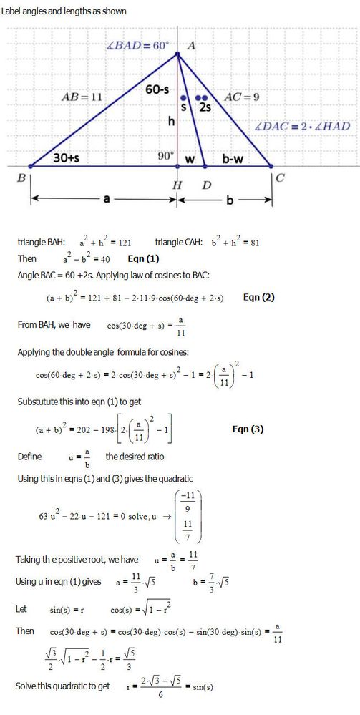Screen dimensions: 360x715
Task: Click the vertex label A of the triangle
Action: [191, 45]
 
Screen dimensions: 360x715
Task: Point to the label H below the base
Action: [177, 185]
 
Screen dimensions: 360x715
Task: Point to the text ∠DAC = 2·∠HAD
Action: [303, 126]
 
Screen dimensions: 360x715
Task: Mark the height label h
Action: [171, 122]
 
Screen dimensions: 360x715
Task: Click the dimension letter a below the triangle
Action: [106, 200]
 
